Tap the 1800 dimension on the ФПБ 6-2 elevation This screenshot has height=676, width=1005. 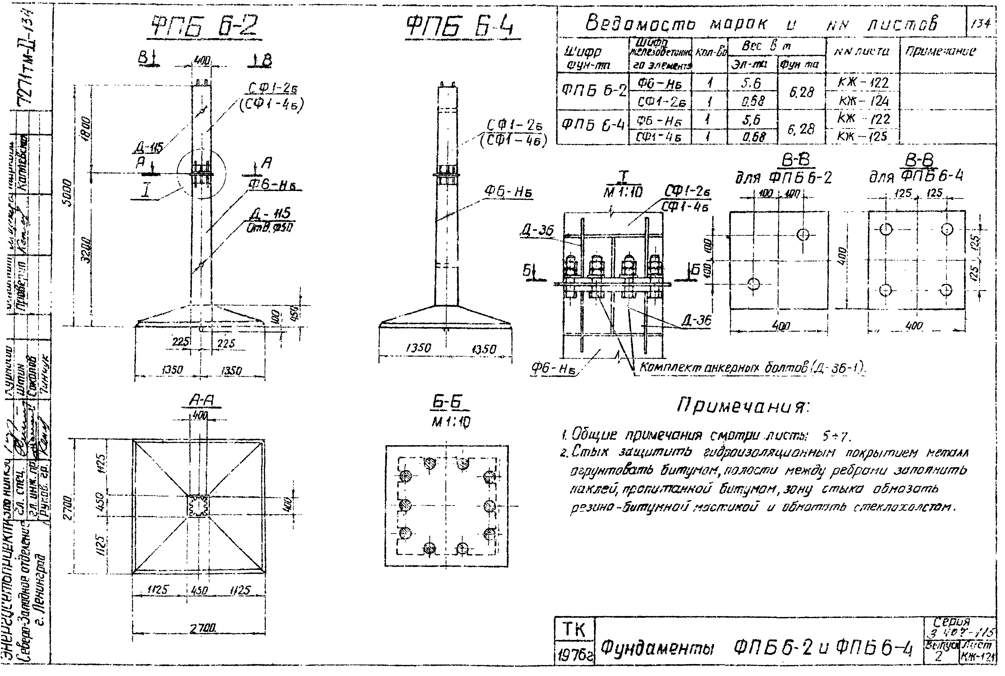[x=87, y=128]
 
